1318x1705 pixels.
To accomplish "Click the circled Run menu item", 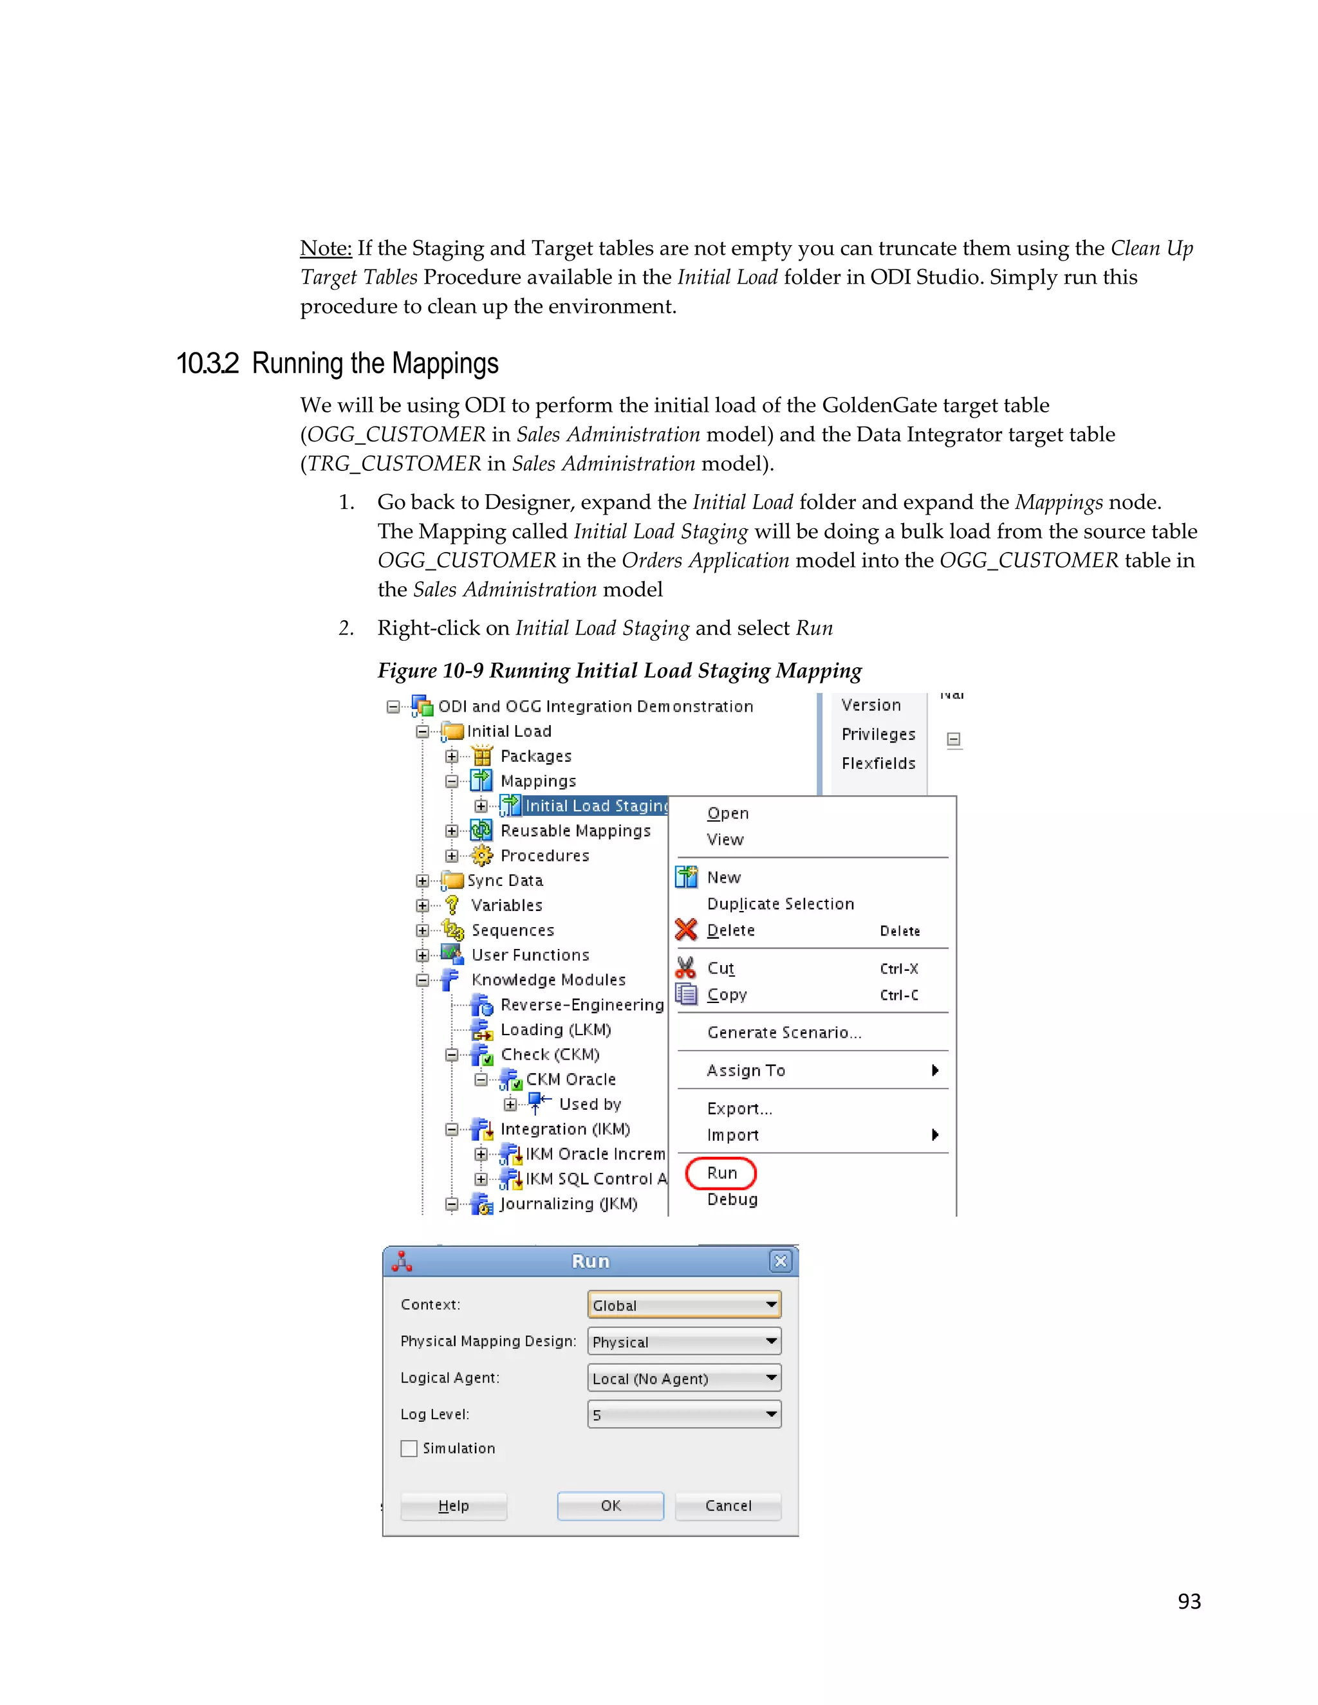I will pyautogui.click(x=721, y=1172).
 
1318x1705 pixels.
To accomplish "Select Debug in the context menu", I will pyautogui.click(x=732, y=1199).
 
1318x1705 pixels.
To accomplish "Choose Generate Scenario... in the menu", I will pyautogui.click(x=784, y=1032).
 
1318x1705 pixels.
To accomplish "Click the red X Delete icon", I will pyautogui.click(x=685, y=930).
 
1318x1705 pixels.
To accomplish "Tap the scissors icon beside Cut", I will pyautogui.click(x=685, y=968).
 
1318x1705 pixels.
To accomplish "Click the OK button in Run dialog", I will pyautogui.click(x=610, y=1505).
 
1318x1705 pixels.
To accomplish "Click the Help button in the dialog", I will pyautogui.click(x=453, y=1505).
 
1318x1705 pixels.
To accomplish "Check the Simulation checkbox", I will pyautogui.click(x=409, y=1448).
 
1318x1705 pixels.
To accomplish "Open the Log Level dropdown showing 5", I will pyautogui.click(x=684, y=1414).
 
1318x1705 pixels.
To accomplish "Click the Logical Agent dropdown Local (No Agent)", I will pyautogui.click(x=684, y=1378).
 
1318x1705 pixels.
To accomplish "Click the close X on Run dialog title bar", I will pyautogui.click(x=780, y=1261).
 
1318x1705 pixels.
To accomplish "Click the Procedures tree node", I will pyautogui.click(x=544, y=856).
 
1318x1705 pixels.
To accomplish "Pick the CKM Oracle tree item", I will pyautogui.click(x=570, y=1079).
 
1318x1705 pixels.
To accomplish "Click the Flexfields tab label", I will pyautogui.click(x=878, y=762).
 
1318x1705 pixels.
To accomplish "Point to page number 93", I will pyautogui.click(x=1189, y=1601).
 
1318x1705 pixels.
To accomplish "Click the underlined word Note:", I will pyautogui.click(x=326, y=248).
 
